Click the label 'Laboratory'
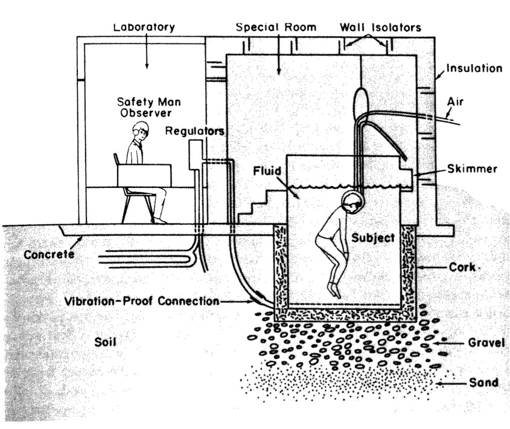coord(145,27)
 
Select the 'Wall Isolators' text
coord(380,27)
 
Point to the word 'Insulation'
coord(474,68)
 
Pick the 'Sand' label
coord(484,382)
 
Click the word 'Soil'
coord(105,343)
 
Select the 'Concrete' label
coord(49,254)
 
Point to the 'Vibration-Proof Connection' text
coord(142,300)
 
